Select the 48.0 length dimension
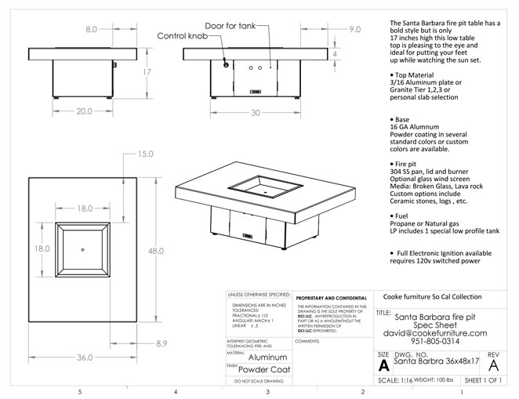pyautogui.click(x=155, y=251)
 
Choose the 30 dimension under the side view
pyautogui.click(x=255, y=112)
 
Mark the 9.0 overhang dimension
pyautogui.click(x=354, y=29)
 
